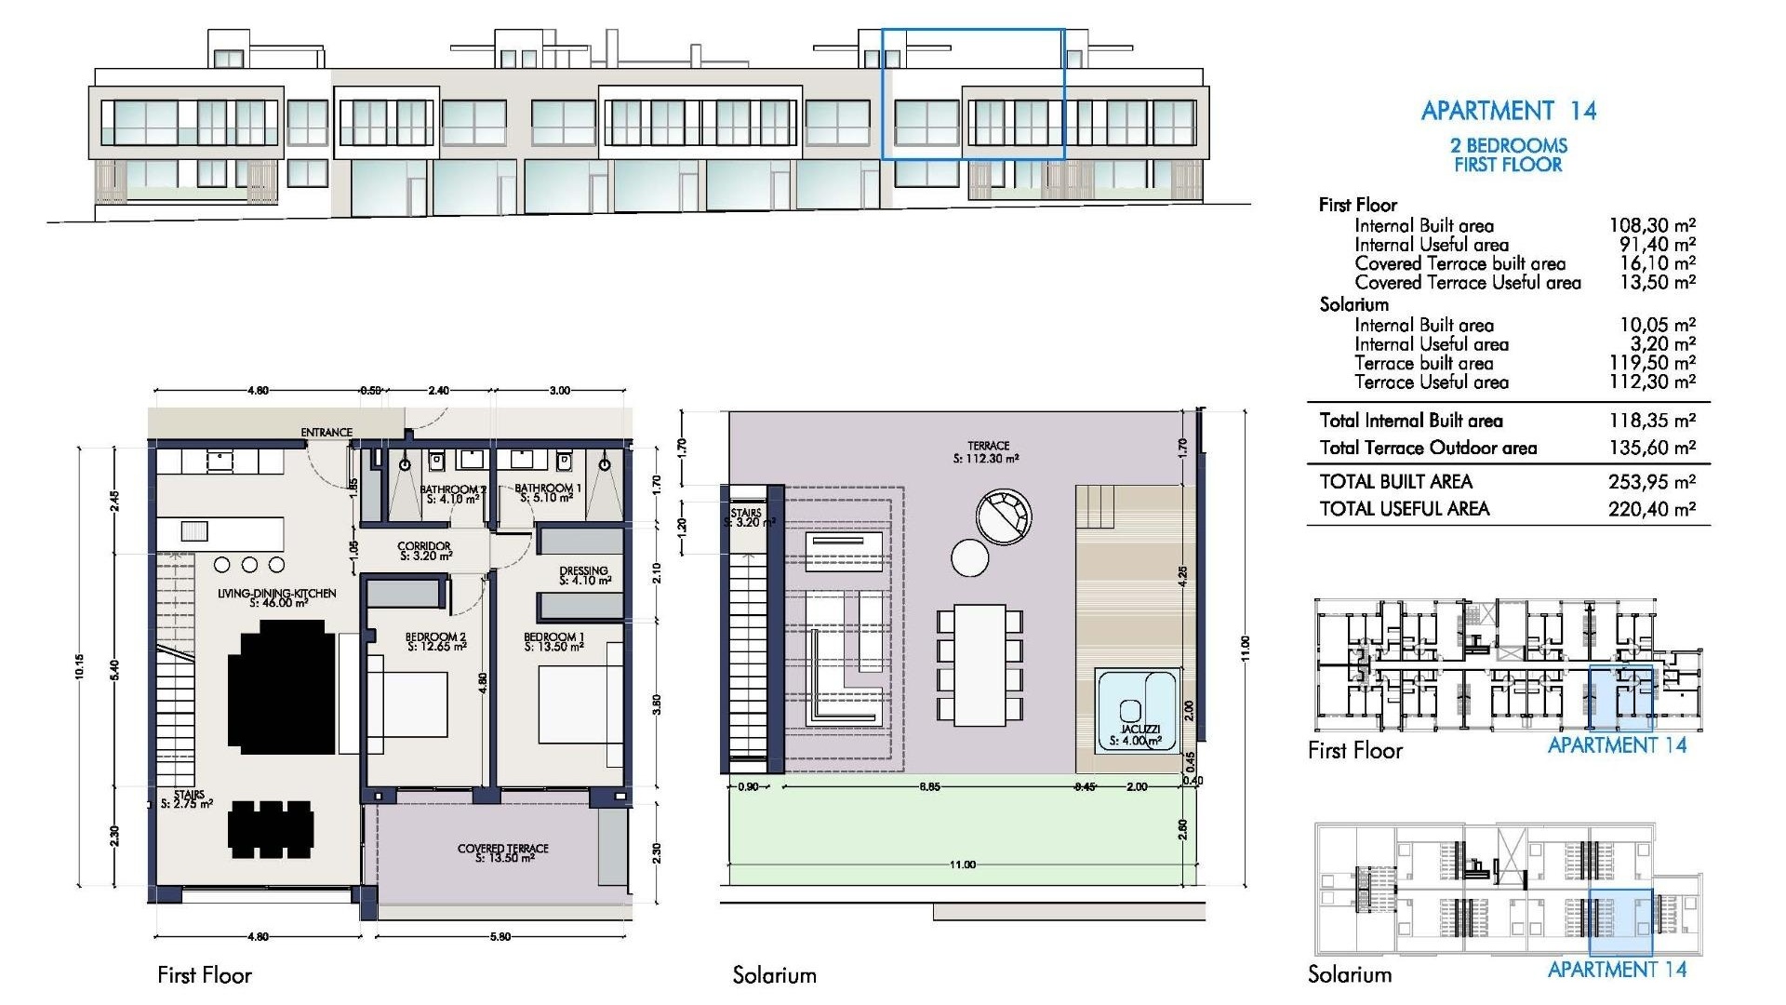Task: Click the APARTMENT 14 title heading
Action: pyautogui.click(x=1508, y=111)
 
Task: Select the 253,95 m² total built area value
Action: pyautogui.click(x=1651, y=482)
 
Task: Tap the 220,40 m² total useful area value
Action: pyautogui.click(x=1651, y=509)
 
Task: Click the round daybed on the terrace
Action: pyautogui.click(x=1004, y=517)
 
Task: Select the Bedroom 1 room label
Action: pyautogui.click(x=553, y=642)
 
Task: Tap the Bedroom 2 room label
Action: pyautogui.click(x=435, y=642)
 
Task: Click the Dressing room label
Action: pyautogui.click(x=584, y=575)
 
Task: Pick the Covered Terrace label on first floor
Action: pyautogui.click(x=503, y=852)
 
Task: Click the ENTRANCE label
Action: pyautogui.click(x=327, y=433)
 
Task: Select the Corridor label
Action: pyautogui.click(x=424, y=551)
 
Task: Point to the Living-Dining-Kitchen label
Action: pyautogui.click(x=277, y=597)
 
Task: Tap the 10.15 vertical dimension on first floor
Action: pyautogui.click(x=81, y=666)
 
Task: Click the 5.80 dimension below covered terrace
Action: pyautogui.click(x=500, y=936)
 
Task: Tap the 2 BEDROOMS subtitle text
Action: pyautogui.click(x=1508, y=145)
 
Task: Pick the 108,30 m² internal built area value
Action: pyautogui.click(x=1651, y=225)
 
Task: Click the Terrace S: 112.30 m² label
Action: pyautogui.click(x=987, y=452)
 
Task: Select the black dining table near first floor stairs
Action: pyautogui.click(x=271, y=829)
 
